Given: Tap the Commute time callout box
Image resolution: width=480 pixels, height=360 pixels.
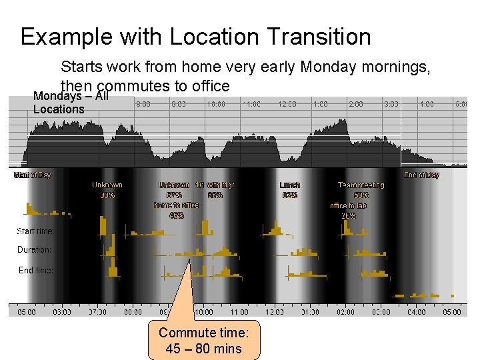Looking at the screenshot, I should point(203,340).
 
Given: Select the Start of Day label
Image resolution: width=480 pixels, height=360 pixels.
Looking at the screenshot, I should point(33,175).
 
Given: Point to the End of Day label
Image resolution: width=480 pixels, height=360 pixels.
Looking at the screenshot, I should point(421,175).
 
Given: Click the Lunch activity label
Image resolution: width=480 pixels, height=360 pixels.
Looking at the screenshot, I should point(290,185).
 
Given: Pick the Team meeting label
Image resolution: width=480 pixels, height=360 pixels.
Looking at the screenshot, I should point(361,185).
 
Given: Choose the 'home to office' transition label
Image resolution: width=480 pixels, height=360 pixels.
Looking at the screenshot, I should point(177,205).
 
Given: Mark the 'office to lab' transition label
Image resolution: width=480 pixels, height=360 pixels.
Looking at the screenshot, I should point(348,205).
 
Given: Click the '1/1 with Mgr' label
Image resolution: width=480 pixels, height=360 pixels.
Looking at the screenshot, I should point(214,185).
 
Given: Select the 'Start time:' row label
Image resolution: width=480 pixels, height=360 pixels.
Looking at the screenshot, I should point(35,231).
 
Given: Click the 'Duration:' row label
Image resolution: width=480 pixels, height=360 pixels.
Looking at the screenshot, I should point(34,250).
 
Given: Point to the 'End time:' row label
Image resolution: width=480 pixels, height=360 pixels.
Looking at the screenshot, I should point(35,270).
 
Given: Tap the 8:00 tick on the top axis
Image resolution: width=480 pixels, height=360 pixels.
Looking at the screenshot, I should point(143,104).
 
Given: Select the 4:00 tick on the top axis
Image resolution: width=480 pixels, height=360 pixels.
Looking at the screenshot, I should point(427,104).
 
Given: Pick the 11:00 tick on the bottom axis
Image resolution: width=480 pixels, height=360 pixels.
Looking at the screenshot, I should point(239,312).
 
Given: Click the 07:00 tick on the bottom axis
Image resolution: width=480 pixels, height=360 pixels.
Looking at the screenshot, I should point(97,312).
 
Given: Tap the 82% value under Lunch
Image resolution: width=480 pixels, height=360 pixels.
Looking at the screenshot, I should point(290,195).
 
